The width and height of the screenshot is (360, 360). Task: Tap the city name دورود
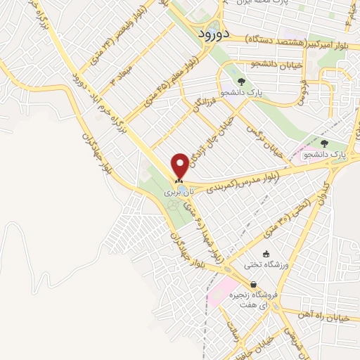tap(210, 33)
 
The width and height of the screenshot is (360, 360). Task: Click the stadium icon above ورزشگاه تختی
tap(265, 255)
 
